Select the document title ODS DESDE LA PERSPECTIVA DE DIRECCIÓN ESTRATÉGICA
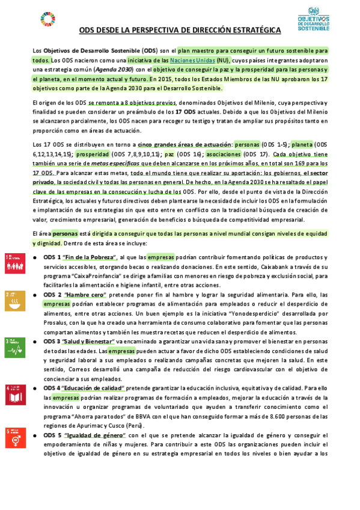click(x=180, y=29)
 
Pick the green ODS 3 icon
click(x=15, y=345)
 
